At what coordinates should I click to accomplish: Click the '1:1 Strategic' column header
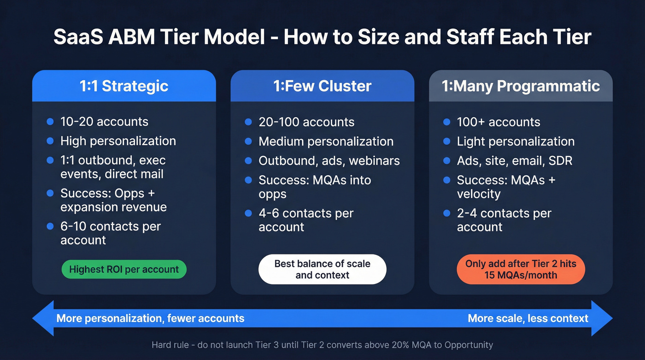[124, 86]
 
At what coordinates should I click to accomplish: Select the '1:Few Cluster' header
[322, 86]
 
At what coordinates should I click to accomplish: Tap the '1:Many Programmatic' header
[521, 86]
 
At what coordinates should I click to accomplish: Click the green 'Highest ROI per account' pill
[124, 270]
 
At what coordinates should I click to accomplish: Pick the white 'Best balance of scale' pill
[322, 269]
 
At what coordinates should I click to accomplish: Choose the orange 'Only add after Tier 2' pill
[521, 269]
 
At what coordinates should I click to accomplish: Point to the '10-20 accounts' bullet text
[104, 122]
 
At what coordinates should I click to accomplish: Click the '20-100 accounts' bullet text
[306, 122]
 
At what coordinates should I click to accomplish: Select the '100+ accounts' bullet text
[498, 122]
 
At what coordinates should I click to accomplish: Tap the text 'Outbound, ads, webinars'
[329, 160]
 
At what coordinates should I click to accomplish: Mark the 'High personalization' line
[118, 141]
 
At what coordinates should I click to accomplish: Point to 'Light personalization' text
[516, 142]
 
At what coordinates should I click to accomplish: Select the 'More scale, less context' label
[528, 319]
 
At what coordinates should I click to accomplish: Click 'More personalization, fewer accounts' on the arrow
[150, 319]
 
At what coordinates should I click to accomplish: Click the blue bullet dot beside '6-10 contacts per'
[50, 226]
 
